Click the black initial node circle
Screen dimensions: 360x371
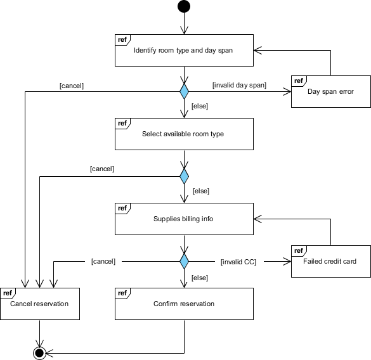coord(184,7)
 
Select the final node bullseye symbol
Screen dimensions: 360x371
coord(39,352)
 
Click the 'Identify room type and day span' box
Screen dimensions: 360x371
coord(184,51)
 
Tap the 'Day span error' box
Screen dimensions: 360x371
coord(330,91)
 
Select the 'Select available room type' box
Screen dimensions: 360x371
coord(184,134)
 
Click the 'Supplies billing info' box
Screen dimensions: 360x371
coord(184,219)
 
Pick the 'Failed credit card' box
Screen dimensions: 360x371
coord(330,260)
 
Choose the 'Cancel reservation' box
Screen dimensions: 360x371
coord(39,304)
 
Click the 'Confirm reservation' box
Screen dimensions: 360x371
coord(184,304)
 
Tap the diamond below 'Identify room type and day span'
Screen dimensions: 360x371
coord(184,92)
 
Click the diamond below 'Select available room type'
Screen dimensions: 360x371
coord(184,176)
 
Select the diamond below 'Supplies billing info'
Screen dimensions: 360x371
coord(184,260)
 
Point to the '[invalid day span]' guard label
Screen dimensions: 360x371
coord(239,85)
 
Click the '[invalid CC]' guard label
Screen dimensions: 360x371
coord(238,261)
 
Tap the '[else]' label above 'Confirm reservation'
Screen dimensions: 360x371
coord(200,278)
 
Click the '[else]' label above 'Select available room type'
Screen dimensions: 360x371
coord(200,106)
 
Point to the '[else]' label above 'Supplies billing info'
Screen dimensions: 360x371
coord(200,191)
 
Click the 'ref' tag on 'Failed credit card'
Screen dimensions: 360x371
coord(298,250)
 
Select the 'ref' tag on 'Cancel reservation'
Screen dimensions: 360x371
coord(8,293)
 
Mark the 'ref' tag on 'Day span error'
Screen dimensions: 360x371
coord(298,80)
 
